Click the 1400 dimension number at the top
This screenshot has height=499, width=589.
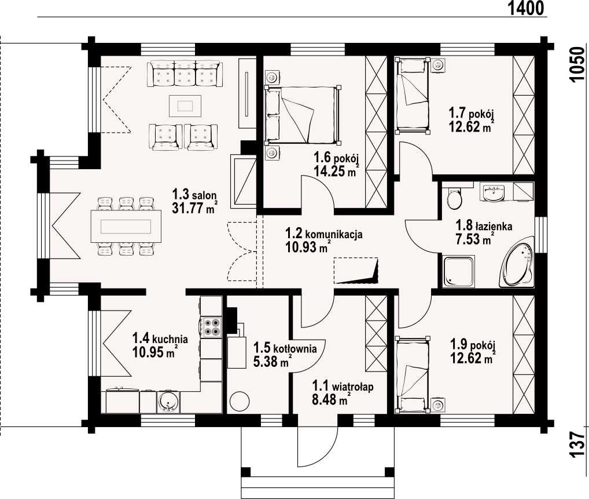(527, 8)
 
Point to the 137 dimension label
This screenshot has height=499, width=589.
(578, 445)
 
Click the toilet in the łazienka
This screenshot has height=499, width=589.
(455, 198)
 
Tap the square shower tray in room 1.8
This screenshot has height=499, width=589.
(459, 272)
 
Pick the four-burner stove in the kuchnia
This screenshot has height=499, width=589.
(211, 327)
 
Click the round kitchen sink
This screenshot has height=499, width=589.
(168, 402)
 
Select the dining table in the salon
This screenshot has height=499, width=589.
(126, 226)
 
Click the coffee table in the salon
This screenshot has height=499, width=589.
(185, 107)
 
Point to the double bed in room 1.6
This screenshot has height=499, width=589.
(303, 115)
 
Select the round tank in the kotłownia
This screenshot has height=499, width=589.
(240, 402)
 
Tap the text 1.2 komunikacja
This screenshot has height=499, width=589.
(324, 234)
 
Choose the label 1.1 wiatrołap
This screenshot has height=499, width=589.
(343, 386)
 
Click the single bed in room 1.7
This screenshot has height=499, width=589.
(413, 95)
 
